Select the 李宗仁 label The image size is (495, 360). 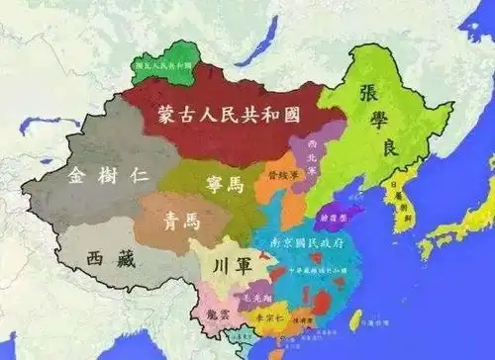tap(267, 318)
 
